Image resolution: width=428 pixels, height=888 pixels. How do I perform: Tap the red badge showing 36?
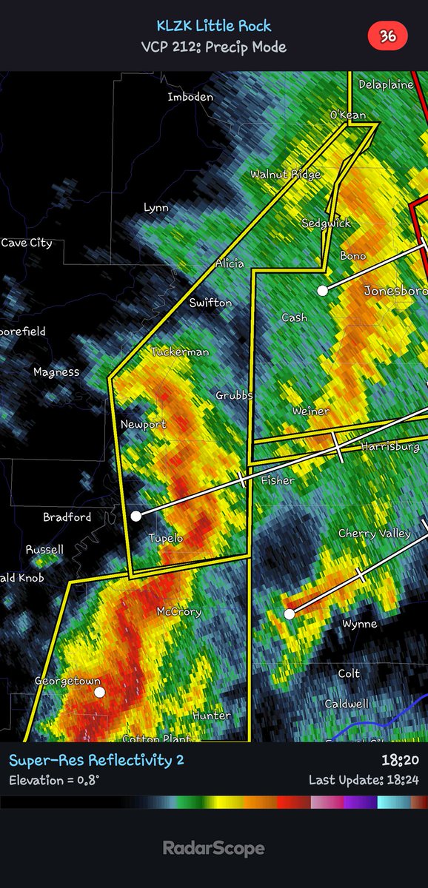[x=387, y=36]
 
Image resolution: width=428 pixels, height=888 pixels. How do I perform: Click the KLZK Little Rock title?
[x=214, y=26]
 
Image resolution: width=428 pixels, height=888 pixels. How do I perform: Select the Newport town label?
[x=144, y=425]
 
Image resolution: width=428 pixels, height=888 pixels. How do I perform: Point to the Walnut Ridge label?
[x=285, y=175]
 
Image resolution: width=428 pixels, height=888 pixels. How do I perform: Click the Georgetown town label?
[x=67, y=681]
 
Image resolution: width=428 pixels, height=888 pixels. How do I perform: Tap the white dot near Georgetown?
[x=99, y=692]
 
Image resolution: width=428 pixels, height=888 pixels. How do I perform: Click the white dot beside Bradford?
[x=136, y=516]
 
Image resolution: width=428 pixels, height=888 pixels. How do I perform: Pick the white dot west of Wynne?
[x=290, y=613]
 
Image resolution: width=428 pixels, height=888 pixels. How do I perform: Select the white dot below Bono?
[x=322, y=291]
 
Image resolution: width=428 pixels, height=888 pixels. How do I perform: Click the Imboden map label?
[x=190, y=97]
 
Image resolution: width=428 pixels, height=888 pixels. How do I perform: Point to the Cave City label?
[x=27, y=243]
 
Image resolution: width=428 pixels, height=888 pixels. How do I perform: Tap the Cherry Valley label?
[x=374, y=534]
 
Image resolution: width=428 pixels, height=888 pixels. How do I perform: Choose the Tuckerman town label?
[x=180, y=352]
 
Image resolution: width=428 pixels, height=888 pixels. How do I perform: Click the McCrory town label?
[x=178, y=612]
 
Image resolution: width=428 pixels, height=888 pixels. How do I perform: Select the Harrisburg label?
[x=394, y=447]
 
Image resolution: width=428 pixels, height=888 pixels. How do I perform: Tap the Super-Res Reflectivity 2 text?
[x=96, y=760]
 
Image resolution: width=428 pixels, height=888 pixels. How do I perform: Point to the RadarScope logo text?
[x=214, y=849]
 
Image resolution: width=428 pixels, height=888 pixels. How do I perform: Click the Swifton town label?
[x=210, y=303]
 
